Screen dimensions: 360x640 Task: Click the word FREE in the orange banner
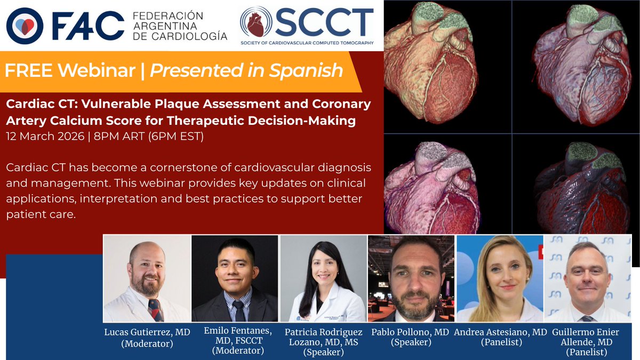(x=29, y=70)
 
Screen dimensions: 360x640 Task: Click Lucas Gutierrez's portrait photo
(x=147, y=278)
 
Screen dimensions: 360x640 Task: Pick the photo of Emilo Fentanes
(x=235, y=278)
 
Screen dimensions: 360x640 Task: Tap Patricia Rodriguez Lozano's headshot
(x=323, y=278)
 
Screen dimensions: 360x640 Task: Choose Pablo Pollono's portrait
(x=411, y=278)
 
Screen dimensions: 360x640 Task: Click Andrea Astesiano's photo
(x=499, y=278)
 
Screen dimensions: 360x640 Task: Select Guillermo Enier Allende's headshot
(x=587, y=278)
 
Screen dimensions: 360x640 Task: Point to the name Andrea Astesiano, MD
(x=500, y=332)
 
